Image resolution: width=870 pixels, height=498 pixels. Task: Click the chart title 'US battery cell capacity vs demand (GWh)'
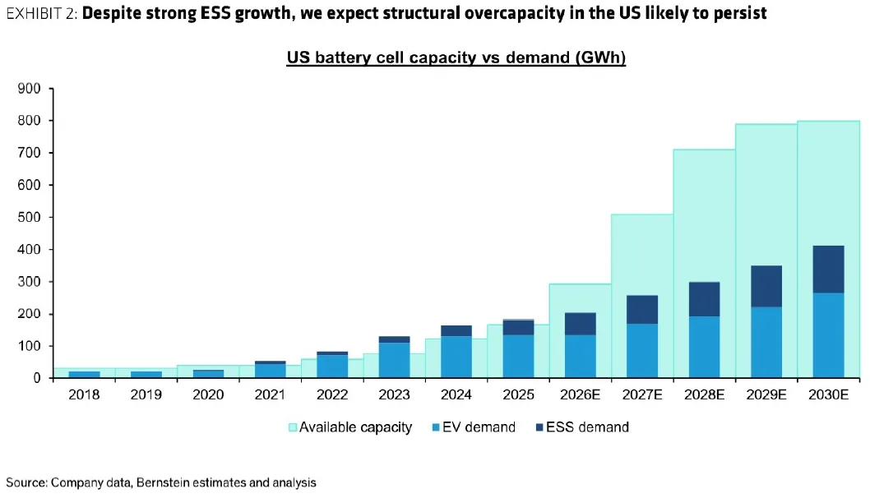point(456,58)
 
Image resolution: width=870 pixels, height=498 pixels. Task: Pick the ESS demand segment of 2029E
point(766,286)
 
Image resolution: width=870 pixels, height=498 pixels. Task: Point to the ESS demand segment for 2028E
point(704,299)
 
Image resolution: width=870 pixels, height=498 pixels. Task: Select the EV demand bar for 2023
point(394,360)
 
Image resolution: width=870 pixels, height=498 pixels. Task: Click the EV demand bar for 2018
point(84,374)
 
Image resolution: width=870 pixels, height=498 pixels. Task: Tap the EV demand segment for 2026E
point(580,356)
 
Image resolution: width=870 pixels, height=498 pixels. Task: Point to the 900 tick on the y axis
point(30,89)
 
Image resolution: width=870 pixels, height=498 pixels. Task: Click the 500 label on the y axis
point(30,217)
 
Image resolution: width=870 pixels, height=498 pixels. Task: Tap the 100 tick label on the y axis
point(30,346)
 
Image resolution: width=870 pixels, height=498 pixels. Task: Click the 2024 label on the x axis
point(456,394)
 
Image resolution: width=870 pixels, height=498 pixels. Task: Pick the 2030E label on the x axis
point(828,394)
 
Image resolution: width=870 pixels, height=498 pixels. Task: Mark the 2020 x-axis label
point(208,394)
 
